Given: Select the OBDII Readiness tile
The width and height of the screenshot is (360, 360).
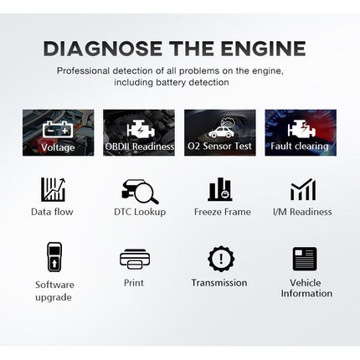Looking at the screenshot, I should (x=138, y=132).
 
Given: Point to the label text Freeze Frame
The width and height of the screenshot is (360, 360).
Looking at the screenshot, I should (x=222, y=212).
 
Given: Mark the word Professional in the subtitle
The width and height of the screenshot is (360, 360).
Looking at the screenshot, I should (x=84, y=71).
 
